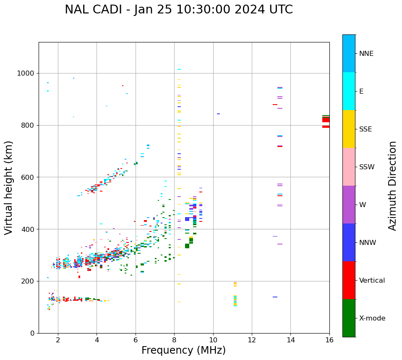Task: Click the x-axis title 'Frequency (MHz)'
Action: tap(183, 350)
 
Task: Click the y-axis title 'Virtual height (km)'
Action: tap(9, 188)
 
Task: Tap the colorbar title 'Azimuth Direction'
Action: tap(392, 186)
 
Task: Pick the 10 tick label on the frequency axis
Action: tap(213, 339)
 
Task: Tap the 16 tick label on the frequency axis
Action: tap(329, 339)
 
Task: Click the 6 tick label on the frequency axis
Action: tap(136, 339)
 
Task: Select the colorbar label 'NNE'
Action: tap(366, 54)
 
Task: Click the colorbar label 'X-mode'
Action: tap(372, 318)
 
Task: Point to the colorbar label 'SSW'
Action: tap(367, 167)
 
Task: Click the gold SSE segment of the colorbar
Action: tap(349, 129)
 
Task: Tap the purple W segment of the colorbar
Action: tap(349, 205)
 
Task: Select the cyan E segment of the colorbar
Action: tap(349, 91)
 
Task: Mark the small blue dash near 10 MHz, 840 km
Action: tap(218, 114)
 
